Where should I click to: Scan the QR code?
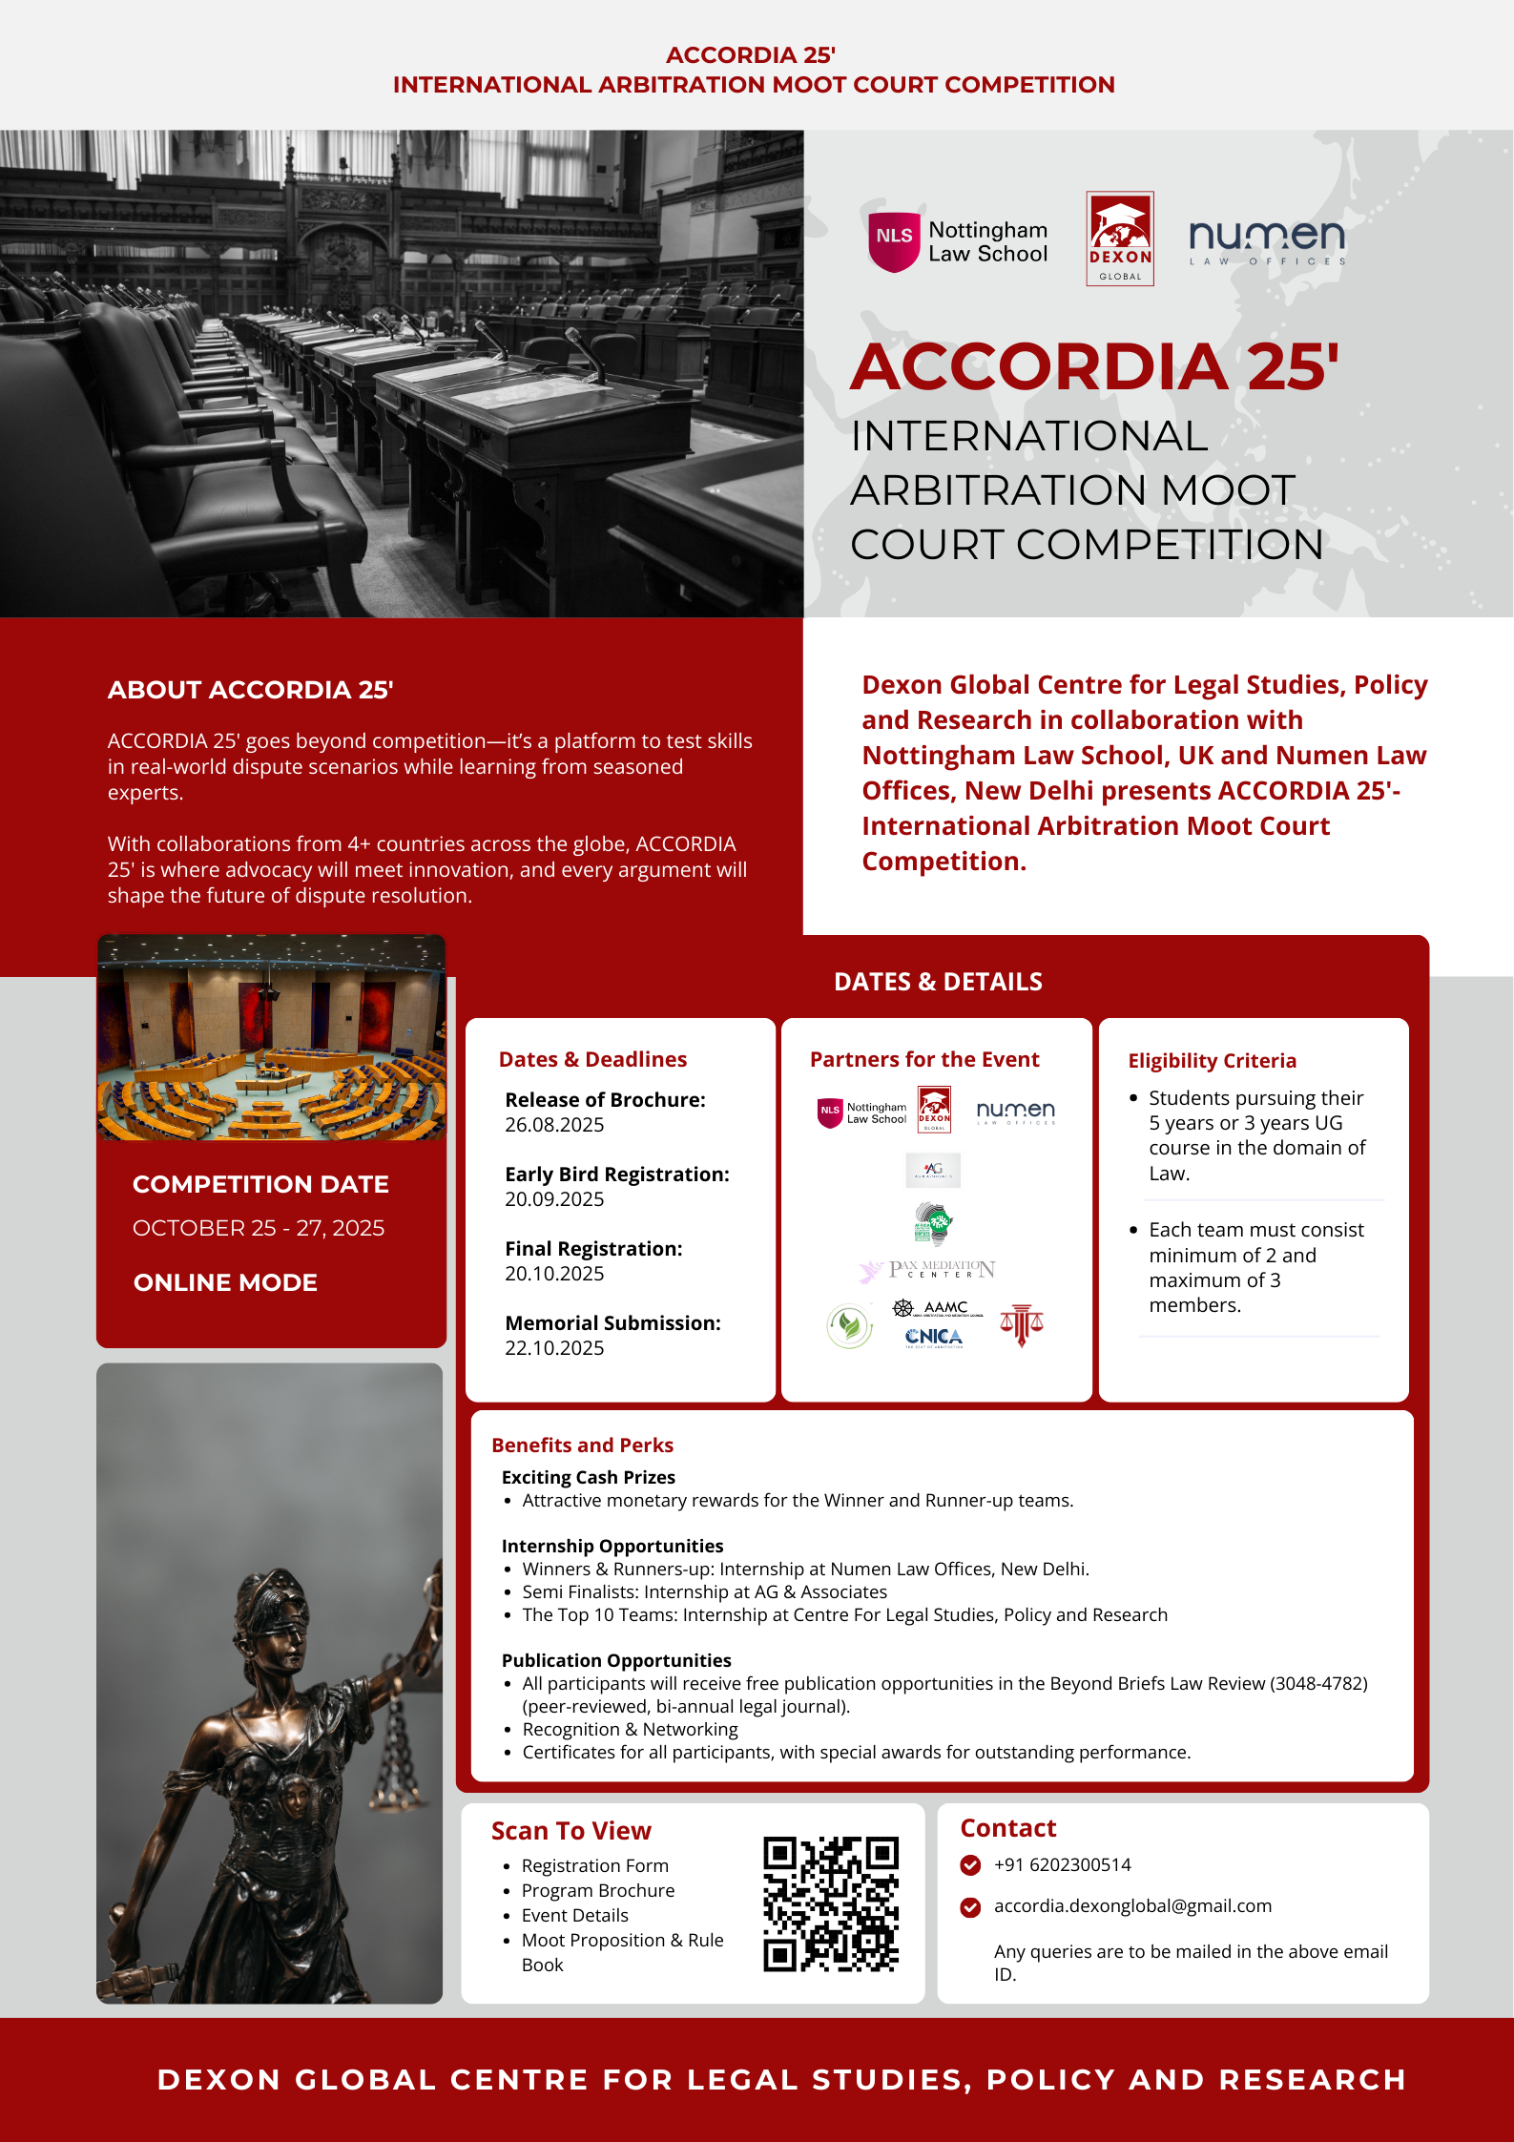click(830, 1903)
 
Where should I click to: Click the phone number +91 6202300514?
click(1062, 1864)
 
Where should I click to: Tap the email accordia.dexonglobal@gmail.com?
click(1132, 1905)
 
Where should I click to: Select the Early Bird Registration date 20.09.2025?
click(554, 1199)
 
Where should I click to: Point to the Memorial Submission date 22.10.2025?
click(554, 1348)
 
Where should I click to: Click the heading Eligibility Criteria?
click(1212, 1061)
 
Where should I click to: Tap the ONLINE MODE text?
click(225, 1282)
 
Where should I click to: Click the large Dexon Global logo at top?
click(1120, 239)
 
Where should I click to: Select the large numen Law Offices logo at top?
click(1267, 240)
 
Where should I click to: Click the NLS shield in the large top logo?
click(894, 239)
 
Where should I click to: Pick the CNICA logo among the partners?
click(933, 1337)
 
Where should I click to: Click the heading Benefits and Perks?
click(582, 1445)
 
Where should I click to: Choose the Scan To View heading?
click(570, 1831)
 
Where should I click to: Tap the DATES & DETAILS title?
click(938, 982)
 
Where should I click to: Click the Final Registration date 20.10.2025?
click(554, 1274)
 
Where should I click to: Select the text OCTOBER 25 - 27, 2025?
click(259, 1228)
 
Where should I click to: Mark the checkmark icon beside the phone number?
click(970, 1865)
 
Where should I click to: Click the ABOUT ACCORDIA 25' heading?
click(250, 690)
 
